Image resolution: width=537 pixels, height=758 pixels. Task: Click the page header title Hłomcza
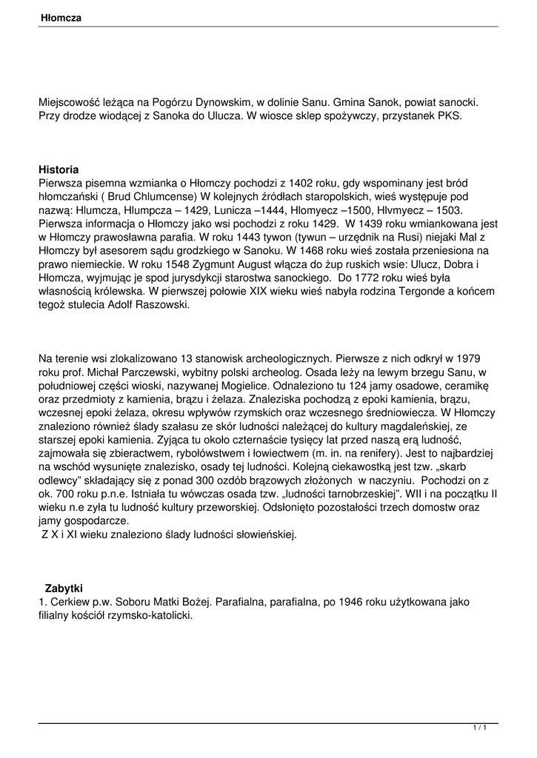click(60, 16)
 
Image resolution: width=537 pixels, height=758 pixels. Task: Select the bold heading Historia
click(59, 170)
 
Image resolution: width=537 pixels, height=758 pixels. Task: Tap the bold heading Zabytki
click(64, 588)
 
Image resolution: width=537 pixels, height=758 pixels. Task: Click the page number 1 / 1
click(479, 728)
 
